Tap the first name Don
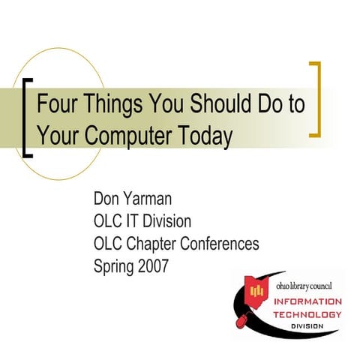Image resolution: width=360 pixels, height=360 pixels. pyautogui.click(x=106, y=200)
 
